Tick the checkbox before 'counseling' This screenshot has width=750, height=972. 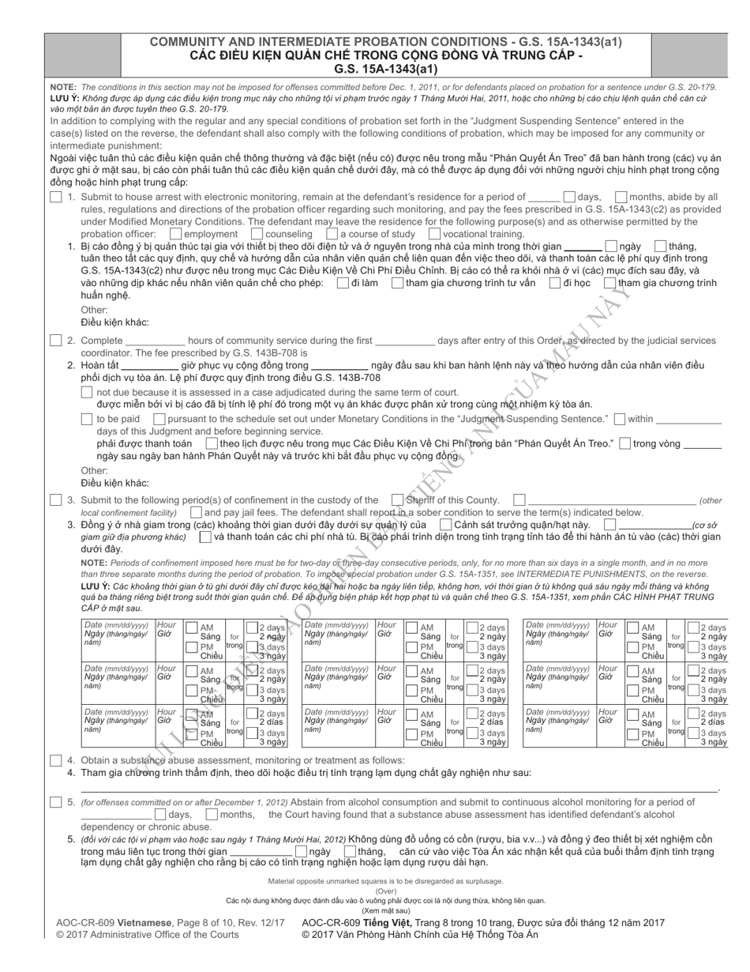point(257,234)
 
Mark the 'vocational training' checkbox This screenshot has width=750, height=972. point(434,234)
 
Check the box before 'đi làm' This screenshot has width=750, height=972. point(342,283)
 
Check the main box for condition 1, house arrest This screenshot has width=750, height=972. point(55,197)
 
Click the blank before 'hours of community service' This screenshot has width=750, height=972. point(156,341)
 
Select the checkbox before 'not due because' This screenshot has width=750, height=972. point(88,392)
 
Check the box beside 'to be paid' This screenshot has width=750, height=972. point(88,419)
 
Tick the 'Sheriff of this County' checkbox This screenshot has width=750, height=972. point(397,499)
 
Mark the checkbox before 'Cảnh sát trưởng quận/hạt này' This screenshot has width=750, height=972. point(445,524)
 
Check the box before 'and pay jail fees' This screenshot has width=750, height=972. point(195,512)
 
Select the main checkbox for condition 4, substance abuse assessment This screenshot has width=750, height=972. point(55,760)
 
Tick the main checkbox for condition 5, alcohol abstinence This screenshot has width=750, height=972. point(55,802)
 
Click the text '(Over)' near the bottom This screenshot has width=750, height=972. point(385,891)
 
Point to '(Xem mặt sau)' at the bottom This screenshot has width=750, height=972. point(385,910)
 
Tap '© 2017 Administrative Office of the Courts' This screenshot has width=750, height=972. point(148,934)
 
